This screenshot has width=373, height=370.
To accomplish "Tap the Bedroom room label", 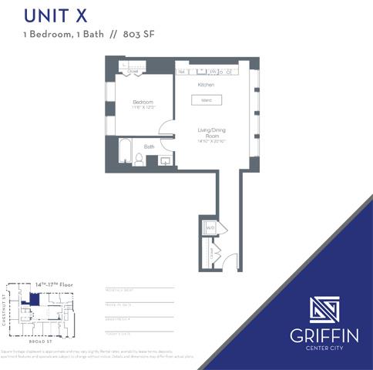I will coord(143,102).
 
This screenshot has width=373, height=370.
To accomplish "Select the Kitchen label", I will coord(206,84).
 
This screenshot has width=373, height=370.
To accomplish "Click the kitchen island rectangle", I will coord(207,100).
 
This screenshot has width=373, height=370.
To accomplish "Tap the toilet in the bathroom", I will coord(139,159).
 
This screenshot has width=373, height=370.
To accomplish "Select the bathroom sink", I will coord(164,160).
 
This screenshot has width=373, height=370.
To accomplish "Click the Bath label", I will coord(149,146).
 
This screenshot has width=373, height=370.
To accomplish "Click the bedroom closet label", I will coord(133,71).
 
